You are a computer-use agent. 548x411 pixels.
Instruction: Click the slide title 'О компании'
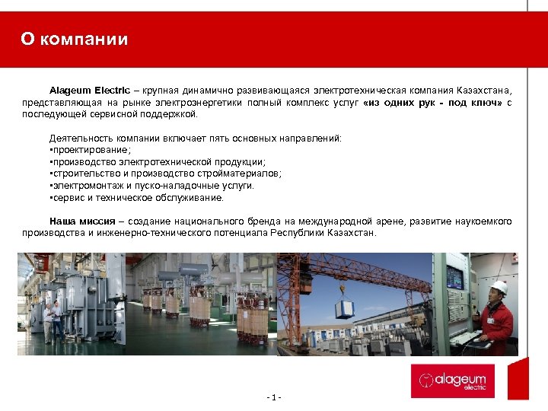point(75,40)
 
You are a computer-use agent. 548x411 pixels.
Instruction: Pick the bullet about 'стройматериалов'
point(164,174)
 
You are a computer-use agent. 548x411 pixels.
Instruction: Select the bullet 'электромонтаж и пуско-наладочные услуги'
point(151,185)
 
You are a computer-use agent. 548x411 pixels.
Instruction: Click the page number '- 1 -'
point(274,397)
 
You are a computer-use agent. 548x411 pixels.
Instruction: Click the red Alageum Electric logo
point(453,381)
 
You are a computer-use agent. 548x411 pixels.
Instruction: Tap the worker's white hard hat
point(499,287)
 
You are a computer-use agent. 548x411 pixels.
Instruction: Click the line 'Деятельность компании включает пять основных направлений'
point(196,139)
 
